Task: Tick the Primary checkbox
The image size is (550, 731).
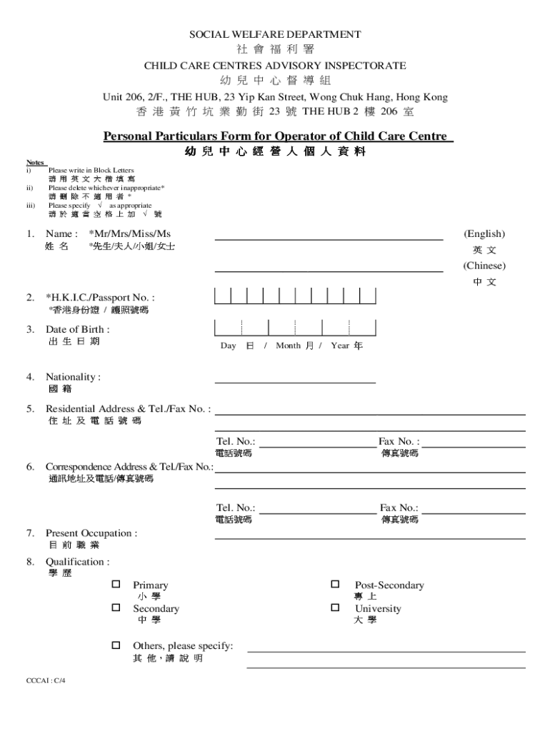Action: click(115, 585)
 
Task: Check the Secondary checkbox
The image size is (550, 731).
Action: click(115, 608)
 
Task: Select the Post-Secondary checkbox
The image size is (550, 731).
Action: click(334, 585)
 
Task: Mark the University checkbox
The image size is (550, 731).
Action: click(334, 608)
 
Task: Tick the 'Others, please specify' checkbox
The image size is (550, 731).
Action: click(115, 645)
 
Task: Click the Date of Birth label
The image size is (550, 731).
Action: click(77, 329)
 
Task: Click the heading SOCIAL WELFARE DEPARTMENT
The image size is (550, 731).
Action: click(275, 34)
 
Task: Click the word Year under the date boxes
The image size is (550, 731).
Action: click(340, 346)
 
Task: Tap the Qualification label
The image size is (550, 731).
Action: click(77, 562)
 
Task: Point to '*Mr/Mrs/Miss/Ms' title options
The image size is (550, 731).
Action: click(129, 233)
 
